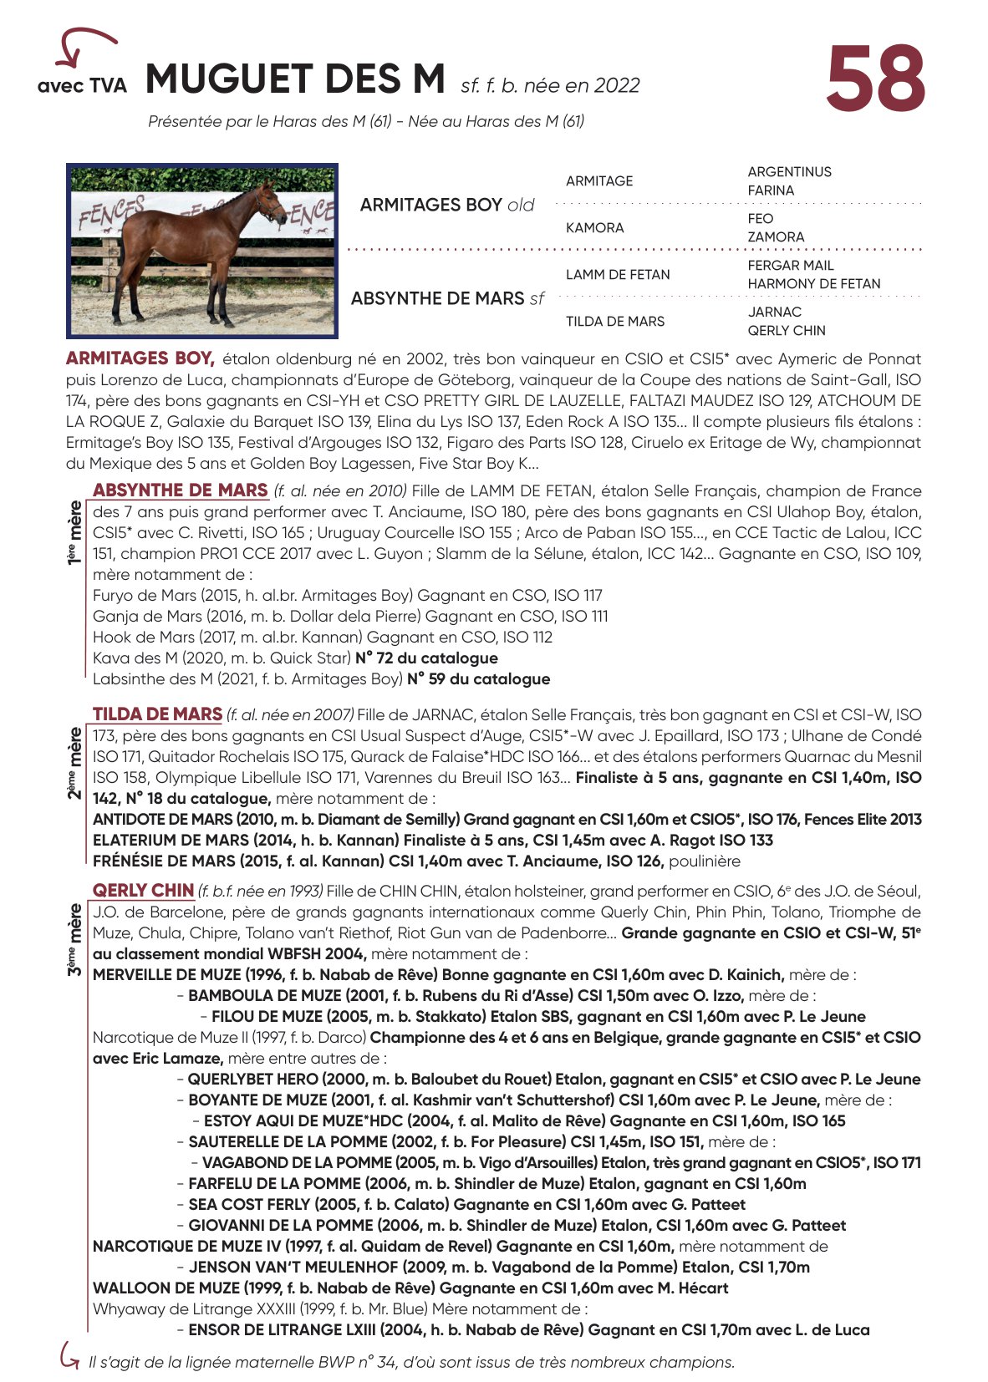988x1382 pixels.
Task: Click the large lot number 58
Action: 875,79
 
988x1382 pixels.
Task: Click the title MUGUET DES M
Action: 295,80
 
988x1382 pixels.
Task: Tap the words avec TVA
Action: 82,85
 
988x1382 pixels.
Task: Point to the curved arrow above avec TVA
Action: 83,45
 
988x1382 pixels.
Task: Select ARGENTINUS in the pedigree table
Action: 789,172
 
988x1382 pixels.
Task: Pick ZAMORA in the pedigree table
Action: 776,237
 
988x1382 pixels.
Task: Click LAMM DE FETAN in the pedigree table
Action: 618,275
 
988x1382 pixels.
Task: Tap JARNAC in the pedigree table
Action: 774,312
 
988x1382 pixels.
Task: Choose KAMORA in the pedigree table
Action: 594,228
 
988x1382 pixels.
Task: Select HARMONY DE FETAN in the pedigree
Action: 813,284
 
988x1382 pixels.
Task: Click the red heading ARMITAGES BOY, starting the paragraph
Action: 140,358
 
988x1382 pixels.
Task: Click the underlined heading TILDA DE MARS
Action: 157,714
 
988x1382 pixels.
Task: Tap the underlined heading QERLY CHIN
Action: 143,891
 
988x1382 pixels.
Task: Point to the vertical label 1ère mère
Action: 75,532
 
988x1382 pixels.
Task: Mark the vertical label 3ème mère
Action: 75,939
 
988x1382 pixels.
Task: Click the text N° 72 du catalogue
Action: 426,658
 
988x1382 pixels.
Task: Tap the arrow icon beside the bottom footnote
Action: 69,1355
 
